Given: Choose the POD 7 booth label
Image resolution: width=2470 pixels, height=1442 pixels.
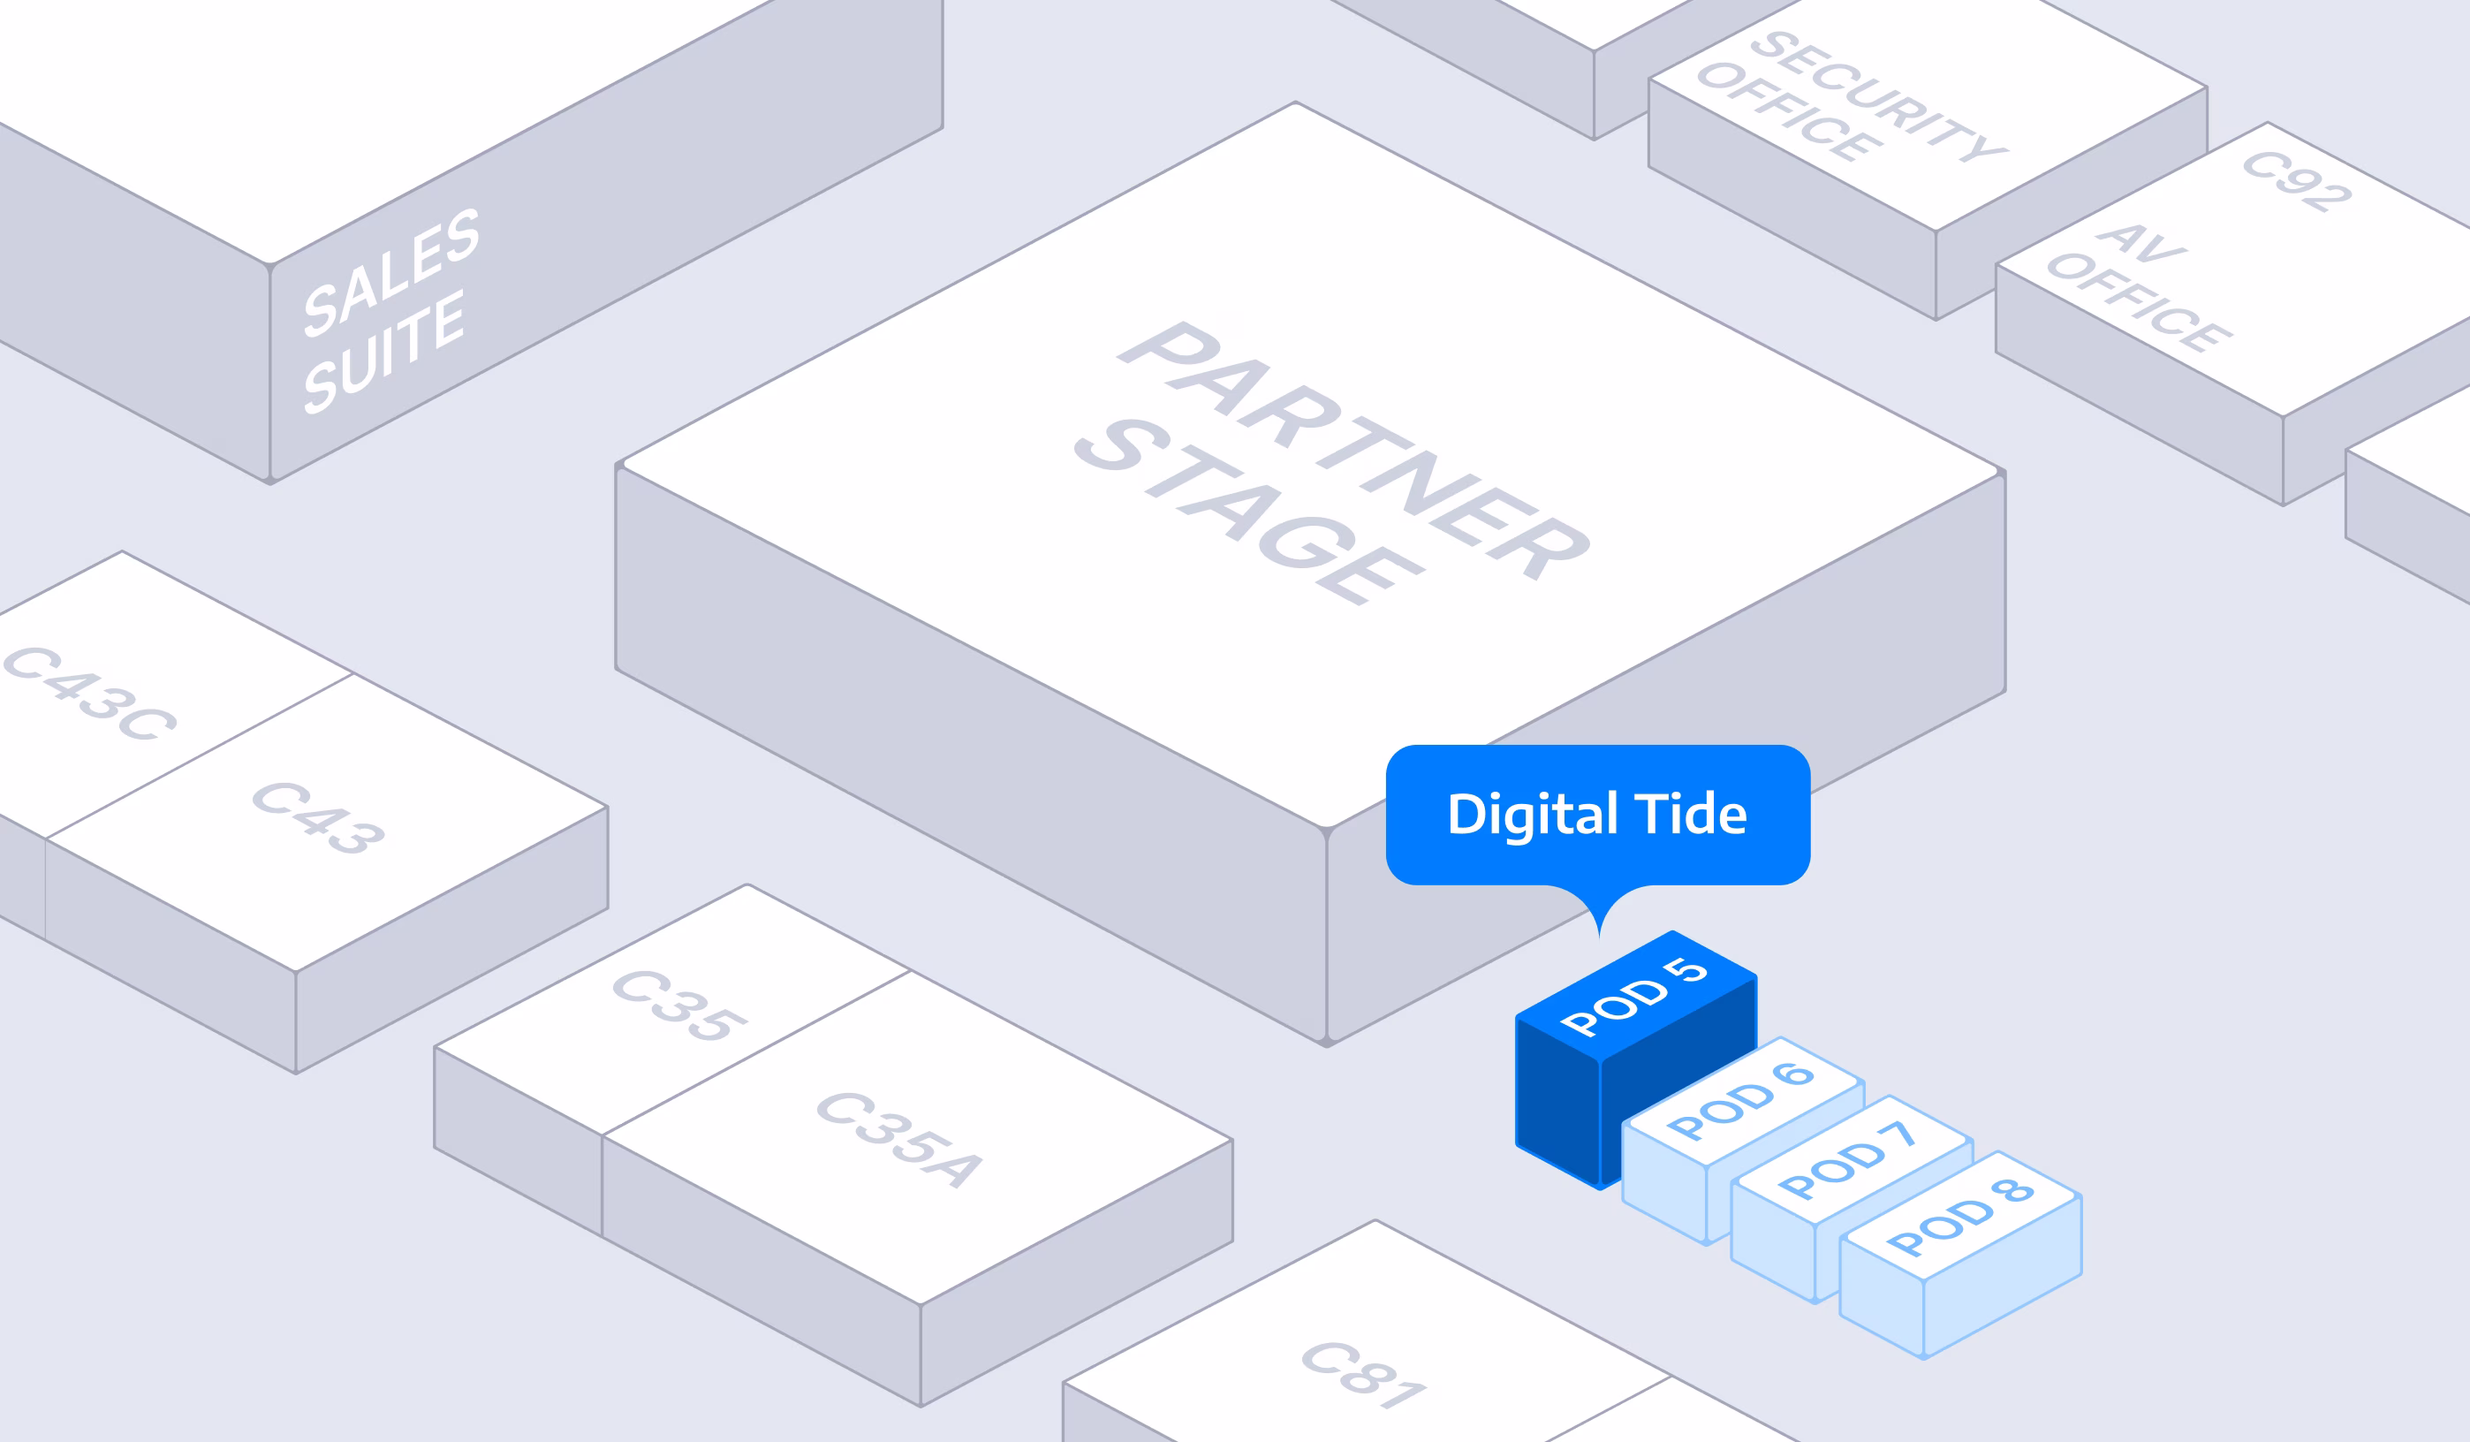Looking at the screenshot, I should (x=1846, y=1159).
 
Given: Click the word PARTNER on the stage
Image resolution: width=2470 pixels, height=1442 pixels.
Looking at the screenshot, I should (x=1352, y=451).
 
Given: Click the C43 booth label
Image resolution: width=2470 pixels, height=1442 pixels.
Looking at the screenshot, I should (x=319, y=817).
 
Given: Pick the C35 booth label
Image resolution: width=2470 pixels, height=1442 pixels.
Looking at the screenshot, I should (x=679, y=1005).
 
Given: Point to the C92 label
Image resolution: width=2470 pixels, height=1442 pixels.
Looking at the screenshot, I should (x=2297, y=180).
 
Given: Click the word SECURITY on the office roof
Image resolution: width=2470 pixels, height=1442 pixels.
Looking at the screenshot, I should (x=1879, y=95).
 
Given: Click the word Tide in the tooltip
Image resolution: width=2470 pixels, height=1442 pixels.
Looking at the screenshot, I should (x=1691, y=815).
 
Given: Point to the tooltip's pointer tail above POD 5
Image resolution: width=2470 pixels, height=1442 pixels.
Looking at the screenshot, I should (x=1600, y=916).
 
